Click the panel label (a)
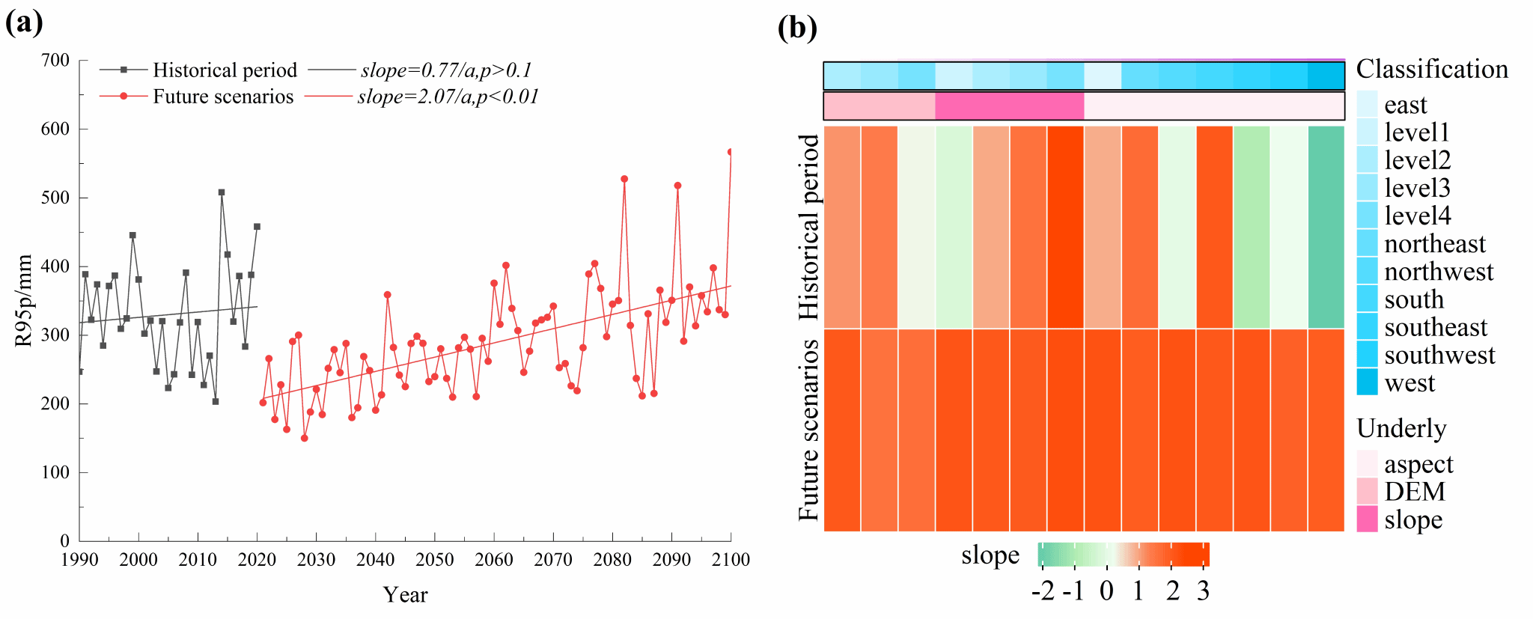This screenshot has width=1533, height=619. [x=24, y=23]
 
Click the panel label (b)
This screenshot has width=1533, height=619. [x=797, y=28]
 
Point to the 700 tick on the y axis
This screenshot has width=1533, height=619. [x=55, y=61]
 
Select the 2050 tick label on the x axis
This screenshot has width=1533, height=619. [x=434, y=560]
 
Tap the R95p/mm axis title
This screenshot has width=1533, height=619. [x=23, y=300]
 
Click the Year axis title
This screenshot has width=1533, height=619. [x=405, y=595]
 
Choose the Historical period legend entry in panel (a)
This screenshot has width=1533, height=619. [x=225, y=70]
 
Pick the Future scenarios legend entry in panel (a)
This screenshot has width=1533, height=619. [x=223, y=97]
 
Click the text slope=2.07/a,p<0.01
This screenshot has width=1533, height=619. [x=448, y=97]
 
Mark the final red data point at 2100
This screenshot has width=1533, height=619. [x=730, y=152]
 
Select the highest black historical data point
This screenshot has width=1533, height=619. [x=222, y=192]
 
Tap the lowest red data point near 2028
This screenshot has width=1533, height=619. [x=304, y=438]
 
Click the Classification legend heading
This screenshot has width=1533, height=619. [x=1432, y=70]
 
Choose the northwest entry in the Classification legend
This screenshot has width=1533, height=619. [x=1439, y=272]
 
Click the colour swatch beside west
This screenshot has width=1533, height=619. [x=1367, y=382]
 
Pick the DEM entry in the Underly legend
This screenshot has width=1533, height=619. [x=1415, y=492]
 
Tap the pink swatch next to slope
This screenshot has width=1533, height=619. [x=1367, y=519]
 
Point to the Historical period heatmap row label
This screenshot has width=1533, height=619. [x=809, y=227]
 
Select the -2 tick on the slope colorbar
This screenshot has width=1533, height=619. [x=1042, y=591]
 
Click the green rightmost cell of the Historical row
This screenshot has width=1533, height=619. [x=1326, y=227]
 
